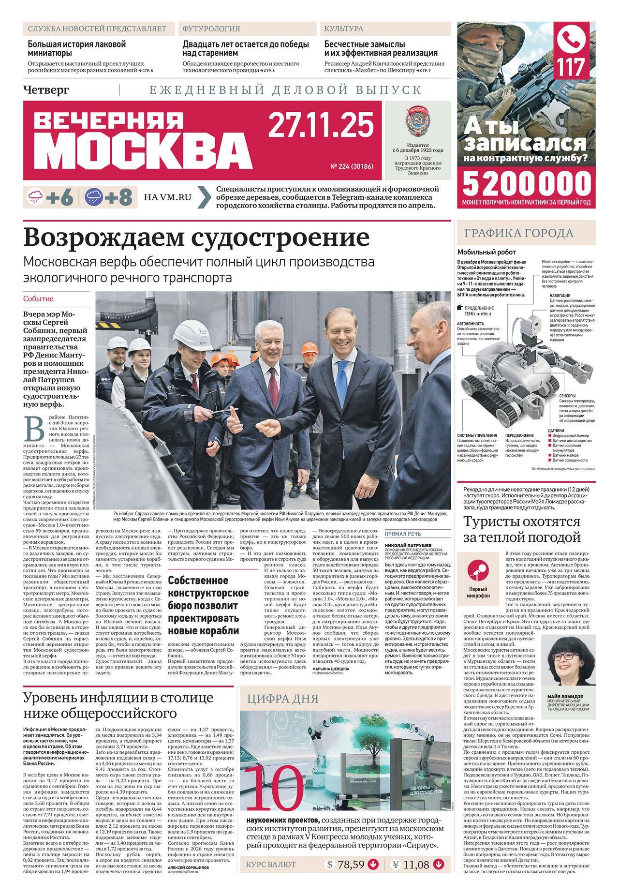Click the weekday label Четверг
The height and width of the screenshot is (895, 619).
pyautogui.click(x=46, y=89)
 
